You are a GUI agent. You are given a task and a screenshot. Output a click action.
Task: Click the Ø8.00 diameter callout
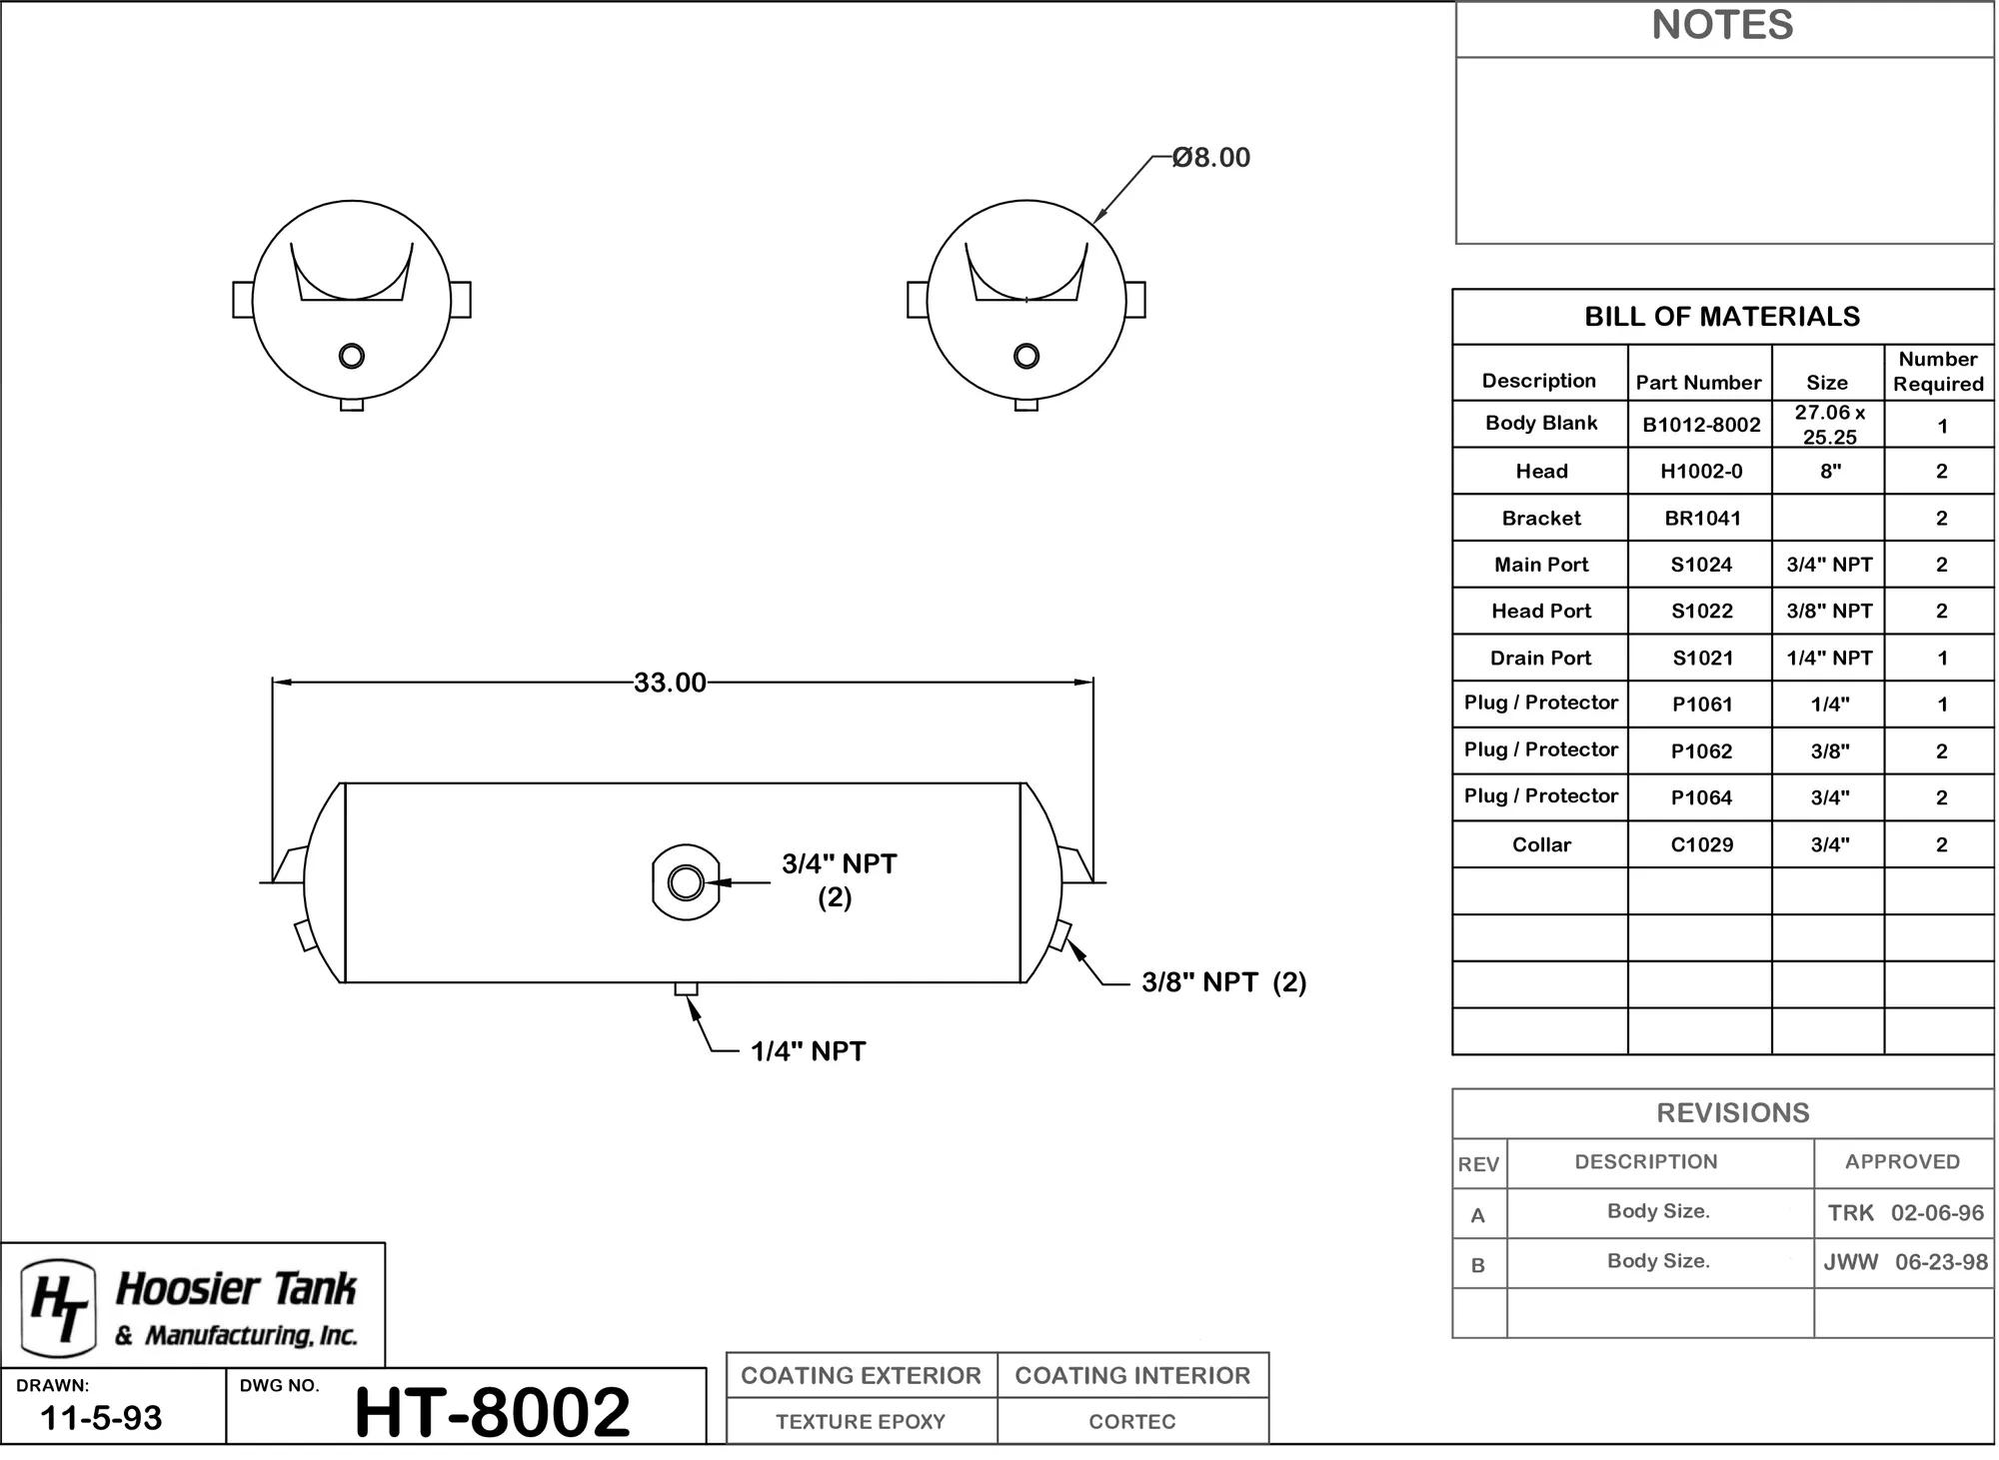click(1211, 158)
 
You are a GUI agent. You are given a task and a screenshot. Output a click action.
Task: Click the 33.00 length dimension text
click(670, 683)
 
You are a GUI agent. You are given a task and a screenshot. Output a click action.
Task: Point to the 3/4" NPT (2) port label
click(839, 880)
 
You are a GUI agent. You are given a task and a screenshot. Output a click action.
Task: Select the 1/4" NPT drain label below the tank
click(808, 1051)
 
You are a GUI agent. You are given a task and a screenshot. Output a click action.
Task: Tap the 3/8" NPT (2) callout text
click(1224, 982)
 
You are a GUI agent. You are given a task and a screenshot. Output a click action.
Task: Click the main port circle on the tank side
click(686, 882)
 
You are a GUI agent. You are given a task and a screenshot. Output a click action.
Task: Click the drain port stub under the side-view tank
click(686, 989)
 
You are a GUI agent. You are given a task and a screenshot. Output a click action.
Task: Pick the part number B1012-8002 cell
click(1701, 425)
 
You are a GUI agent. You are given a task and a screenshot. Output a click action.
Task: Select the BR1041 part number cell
click(1702, 518)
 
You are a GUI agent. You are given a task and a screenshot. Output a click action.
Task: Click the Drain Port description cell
click(1540, 658)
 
